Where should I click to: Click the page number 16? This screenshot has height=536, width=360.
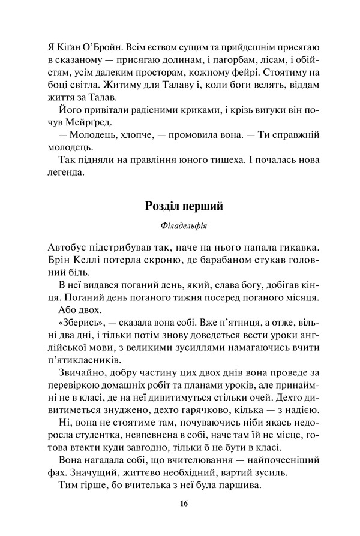coord(183,503)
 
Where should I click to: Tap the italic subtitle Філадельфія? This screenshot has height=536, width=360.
coord(184,226)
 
